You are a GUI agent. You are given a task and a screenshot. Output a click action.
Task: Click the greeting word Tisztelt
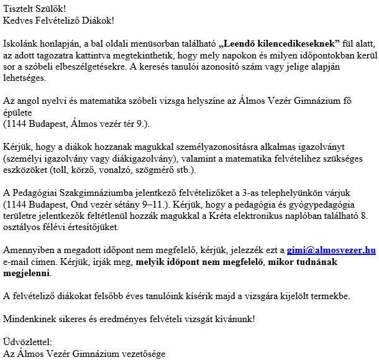click(18, 9)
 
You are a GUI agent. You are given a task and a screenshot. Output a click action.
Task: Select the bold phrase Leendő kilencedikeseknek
click(279, 43)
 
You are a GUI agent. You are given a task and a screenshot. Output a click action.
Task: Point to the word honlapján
click(60, 43)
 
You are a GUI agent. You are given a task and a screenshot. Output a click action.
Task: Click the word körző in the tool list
click(80, 169)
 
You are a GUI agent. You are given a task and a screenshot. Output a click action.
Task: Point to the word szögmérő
click(147, 169)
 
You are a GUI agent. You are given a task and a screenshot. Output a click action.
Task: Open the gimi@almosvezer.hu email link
click(331, 249)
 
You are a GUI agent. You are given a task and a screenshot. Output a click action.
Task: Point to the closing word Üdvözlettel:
click(28, 341)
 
